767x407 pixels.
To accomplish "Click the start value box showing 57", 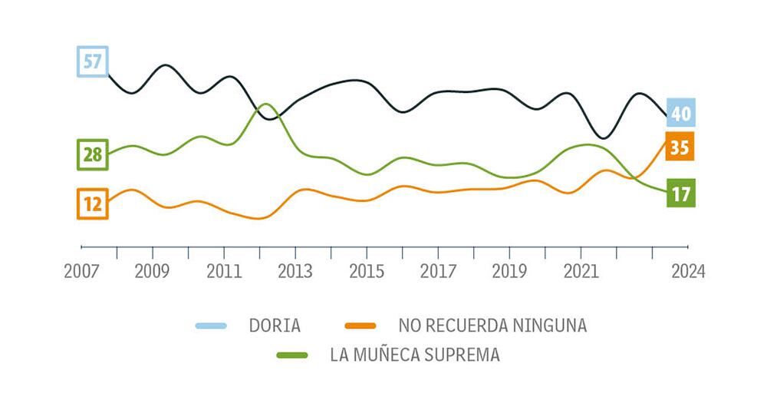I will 93,61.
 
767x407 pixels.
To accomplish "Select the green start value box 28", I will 93,154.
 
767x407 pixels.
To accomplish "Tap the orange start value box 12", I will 93,203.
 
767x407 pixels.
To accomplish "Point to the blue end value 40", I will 680,114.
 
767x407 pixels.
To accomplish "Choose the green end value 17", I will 680,194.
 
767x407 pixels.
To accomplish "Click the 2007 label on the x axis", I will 81,271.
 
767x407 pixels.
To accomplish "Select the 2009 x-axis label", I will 153,271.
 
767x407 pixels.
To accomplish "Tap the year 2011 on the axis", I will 223,271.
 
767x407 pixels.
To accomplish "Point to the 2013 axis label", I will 295,271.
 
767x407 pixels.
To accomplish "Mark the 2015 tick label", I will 367,271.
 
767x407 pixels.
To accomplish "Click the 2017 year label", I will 438,271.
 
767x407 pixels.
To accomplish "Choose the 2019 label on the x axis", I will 509,271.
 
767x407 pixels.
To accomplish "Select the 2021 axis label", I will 581,271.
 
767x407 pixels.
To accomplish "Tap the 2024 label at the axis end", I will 687,271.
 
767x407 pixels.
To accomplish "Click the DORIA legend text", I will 275,325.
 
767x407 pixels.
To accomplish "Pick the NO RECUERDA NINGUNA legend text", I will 492,325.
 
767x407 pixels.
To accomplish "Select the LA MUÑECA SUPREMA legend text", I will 415,355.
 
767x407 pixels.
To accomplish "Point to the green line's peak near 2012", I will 265,104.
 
